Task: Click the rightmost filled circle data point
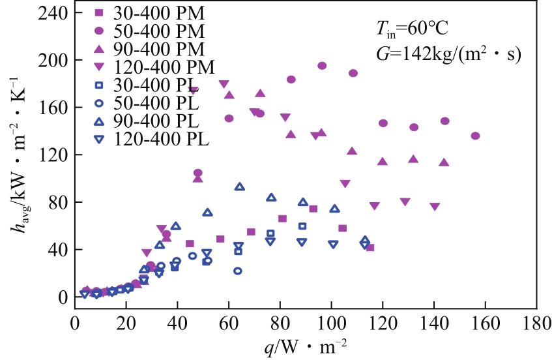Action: pyautogui.click(x=475, y=136)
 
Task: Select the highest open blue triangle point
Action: pyautogui.click(x=239, y=187)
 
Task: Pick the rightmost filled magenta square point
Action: pyautogui.click(x=370, y=247)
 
